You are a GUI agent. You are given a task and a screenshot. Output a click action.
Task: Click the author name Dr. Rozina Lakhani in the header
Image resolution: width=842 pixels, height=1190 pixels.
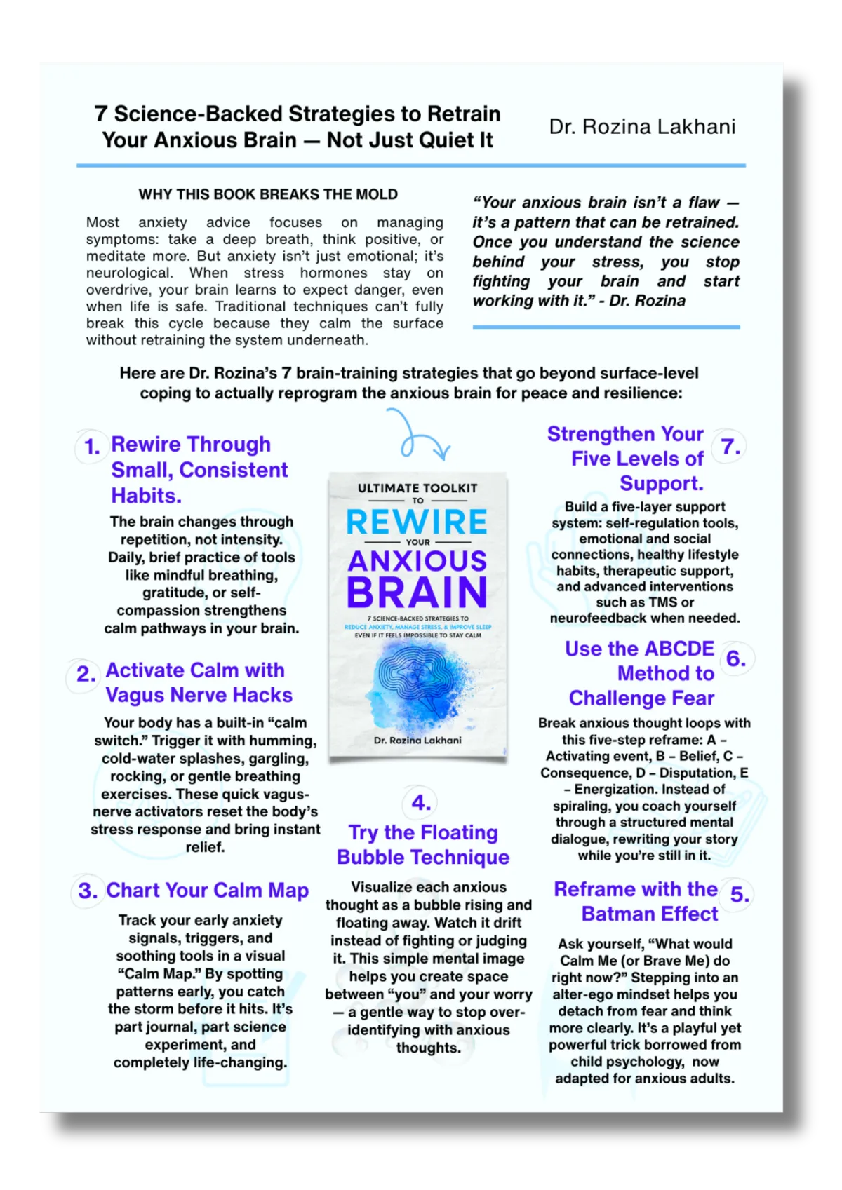click(x=642, y=127)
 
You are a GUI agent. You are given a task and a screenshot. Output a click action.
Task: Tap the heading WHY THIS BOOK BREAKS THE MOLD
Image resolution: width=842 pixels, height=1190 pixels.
click(x=268, y=194)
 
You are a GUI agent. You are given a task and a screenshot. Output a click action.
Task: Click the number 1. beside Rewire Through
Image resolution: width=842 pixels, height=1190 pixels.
click(x=92, y=447)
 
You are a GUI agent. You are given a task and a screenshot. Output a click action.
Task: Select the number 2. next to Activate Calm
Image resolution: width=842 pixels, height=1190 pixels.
click(x=86, y=674)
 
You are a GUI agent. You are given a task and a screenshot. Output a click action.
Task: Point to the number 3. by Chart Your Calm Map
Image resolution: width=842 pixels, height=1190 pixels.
click(x=88, y=891)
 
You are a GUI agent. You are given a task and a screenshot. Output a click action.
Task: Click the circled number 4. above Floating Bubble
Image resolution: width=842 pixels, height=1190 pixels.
click(x=421, y=802)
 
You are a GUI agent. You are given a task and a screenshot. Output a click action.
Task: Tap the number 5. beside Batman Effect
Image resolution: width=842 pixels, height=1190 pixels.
click(x=740, y=895)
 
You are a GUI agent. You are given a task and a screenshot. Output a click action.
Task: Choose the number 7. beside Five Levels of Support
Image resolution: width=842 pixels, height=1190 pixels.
click(x=730, y=447)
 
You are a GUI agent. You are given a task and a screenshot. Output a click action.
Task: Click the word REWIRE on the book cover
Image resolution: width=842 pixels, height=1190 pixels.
click(x=417, y=522)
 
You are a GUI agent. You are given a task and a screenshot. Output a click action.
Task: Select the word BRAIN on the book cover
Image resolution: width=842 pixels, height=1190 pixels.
click(x=417, y=593)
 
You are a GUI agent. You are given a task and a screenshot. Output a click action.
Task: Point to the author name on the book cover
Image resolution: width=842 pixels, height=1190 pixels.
click(x=417, y=741)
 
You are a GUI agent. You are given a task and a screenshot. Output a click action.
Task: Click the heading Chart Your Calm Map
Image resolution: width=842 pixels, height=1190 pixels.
click(x=207, y=891)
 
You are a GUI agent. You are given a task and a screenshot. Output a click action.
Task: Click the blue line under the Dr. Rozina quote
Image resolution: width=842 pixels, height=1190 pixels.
click(x=606, y=327)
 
